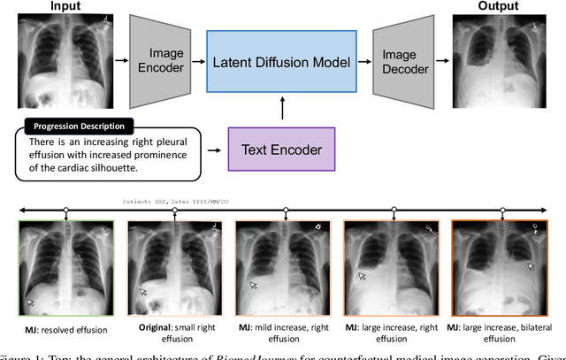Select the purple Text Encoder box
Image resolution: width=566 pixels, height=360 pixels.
tap(282, 150)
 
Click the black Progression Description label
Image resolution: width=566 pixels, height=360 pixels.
tap(79, 126)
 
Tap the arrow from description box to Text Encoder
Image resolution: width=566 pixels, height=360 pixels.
tap(215, 150)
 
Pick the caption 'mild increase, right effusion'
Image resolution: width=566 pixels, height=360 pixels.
tap(286, 334)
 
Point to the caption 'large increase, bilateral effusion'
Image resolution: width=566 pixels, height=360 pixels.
tap(500, 334)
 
